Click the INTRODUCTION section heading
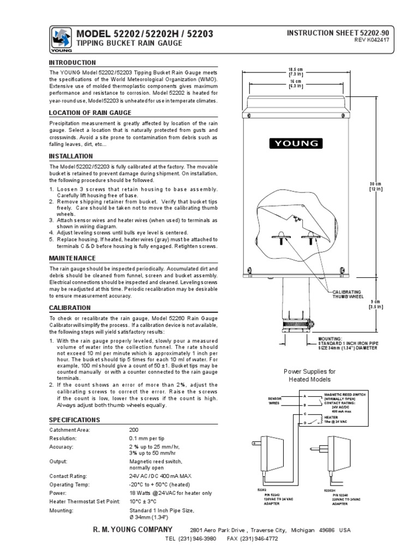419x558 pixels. [73, 63]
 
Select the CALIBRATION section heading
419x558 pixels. [70, 308]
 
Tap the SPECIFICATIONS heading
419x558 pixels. [74, 420]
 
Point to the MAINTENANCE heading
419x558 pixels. [73, 258]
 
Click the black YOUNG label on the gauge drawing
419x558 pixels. [295, 143]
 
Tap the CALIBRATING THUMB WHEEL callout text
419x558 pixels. [349, 295]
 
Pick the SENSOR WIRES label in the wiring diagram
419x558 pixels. [274, 402]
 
